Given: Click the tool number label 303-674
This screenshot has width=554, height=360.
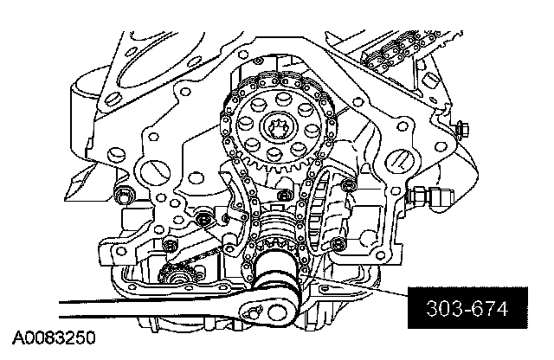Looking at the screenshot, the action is click(467, 308).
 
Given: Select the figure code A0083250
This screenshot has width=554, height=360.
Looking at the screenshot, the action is click(54, 337).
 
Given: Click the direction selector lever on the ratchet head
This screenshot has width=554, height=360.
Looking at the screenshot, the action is click(252, 312).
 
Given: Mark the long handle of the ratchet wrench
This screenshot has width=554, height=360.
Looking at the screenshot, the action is click(148, 308).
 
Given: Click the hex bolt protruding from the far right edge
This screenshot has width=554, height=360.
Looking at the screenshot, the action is click(462, 129).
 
